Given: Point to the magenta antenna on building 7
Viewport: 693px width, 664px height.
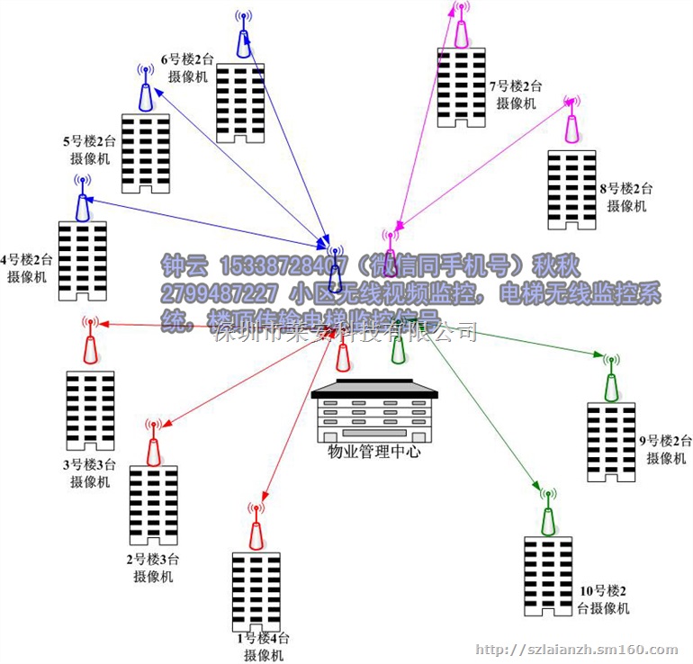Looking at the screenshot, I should tap(462, 26).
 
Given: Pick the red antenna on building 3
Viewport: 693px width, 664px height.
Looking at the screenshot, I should tap(89, 343).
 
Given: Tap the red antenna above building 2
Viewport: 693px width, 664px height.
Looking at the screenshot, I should tap(153, 442).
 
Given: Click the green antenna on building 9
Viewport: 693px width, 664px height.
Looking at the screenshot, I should tap(611, 379).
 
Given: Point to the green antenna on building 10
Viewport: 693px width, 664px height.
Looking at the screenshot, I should tap(548, 514).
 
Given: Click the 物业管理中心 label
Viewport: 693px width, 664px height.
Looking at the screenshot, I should tap(374, 452).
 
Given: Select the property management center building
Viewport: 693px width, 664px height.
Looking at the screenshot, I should tap(374, 415).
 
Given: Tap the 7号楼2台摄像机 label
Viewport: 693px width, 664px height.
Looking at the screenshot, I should tap(516, 94).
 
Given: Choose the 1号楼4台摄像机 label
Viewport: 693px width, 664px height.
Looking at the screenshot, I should tap(262, 646).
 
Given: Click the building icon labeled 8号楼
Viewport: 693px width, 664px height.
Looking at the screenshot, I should tap(571, 190).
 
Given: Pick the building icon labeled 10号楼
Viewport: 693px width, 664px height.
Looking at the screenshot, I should tap(548, 576).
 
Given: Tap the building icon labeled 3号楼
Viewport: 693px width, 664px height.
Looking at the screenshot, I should tap(90, 410).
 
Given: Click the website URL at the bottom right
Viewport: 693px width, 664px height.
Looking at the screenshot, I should tap(575, 650).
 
